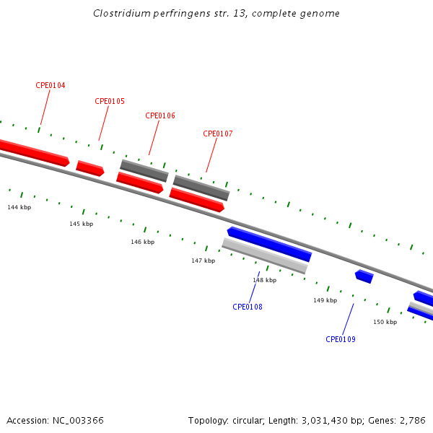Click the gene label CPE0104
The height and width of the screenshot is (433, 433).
click(51, 85)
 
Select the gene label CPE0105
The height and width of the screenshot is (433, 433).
click(110, 101)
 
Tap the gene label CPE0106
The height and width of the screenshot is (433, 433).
click(160, 115)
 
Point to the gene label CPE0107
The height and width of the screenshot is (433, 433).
click(218, 134)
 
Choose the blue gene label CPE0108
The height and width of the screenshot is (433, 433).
click(248, 307)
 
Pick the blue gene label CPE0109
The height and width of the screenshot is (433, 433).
click(341, 339)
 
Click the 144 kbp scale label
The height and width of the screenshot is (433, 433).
click(19, 207)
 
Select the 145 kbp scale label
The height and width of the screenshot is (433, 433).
click(82, 224)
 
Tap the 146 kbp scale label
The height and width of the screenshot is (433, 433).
click(142, 242)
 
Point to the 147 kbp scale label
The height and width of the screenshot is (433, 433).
click(203, 261)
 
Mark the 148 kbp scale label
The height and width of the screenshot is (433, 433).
click(264, 280)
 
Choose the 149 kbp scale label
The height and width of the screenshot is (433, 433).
click(325, 300)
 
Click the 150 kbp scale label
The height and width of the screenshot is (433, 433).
click(385, 322)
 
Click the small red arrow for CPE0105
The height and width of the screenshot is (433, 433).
click(90, 168)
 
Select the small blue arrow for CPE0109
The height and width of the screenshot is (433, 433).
click(364, 276)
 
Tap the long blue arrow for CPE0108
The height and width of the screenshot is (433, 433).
click(269, 244)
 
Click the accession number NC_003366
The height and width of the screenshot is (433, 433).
click(78, 420)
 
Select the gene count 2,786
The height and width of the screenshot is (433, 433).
click(412, 420)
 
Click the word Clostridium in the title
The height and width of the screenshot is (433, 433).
click(118, 14)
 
